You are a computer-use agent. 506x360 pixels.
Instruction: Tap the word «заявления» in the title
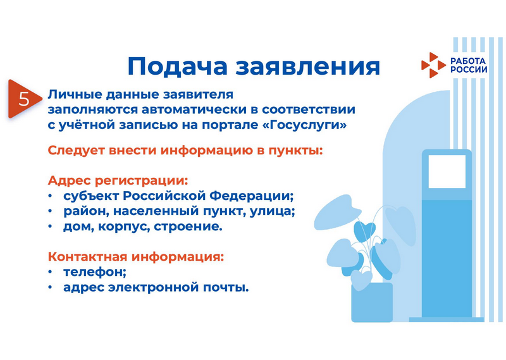307,67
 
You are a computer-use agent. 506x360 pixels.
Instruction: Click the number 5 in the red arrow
24,99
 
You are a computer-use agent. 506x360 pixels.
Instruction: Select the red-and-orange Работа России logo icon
433,65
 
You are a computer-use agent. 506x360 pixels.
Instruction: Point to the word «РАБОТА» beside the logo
468,61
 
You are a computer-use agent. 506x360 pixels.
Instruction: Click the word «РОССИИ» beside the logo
469,70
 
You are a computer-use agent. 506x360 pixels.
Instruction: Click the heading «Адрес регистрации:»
118,181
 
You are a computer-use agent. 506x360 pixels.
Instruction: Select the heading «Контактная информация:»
136,257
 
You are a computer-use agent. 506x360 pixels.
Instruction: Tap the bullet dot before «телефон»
50,272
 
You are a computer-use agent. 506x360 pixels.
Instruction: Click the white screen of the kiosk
447,171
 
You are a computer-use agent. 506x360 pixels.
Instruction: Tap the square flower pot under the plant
372,302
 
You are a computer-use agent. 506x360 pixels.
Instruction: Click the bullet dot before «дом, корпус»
50,227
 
